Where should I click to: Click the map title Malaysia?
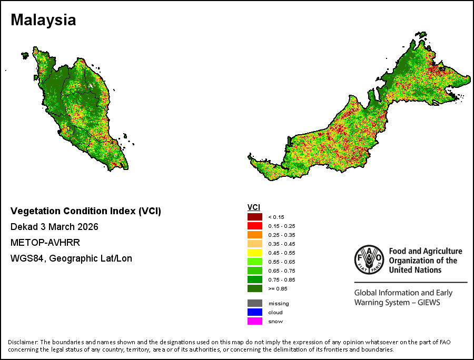click(x=43, y=20)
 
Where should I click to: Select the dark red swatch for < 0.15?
click(x=254, y=217)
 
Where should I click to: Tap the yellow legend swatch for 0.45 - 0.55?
click(x=254, y=253)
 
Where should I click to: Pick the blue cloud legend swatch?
click(x=254, y=312)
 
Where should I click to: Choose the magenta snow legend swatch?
click(x=254, y=321)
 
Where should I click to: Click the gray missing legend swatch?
click(x=254, y=303)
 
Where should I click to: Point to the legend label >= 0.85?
click(x=278, y=289)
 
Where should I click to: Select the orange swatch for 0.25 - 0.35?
click(x=254, y=235)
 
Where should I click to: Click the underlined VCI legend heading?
click(x=254, y=207)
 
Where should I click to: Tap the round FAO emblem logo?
click(x=369, y=259)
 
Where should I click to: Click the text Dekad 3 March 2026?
click(x=54, y=227)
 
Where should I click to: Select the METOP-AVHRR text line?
click(x=45, y=243)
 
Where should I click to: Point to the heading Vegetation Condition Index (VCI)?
click(x=86, y=211)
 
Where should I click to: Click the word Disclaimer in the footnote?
click(x=23, y=342)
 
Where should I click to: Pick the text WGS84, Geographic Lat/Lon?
click(x=71, y=258)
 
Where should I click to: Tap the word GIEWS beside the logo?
click(x=429, y=302)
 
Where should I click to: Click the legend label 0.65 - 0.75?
click(x=281, y=271)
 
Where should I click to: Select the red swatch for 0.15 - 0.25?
click(x=254, y=226)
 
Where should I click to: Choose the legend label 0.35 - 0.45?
click(x=281, y=244)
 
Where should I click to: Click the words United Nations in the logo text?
click(x=415, y=269)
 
